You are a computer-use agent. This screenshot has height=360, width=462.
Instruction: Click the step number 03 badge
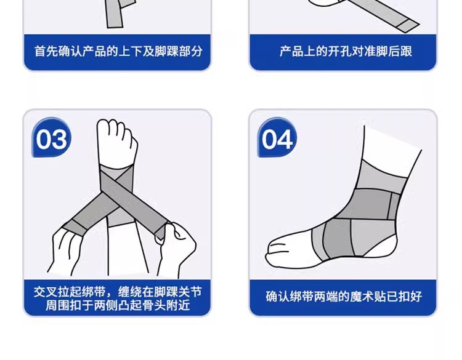point(52,140)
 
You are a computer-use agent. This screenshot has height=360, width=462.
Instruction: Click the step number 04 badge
point(277,140)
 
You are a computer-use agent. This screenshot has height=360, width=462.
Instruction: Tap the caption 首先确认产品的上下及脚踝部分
point(118,51)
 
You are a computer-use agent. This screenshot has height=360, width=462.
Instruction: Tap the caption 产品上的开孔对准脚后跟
point(346,51)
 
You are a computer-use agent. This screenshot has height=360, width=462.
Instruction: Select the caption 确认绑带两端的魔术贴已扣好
point(344,296)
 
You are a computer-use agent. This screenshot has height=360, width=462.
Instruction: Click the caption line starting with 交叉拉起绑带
point(118,290)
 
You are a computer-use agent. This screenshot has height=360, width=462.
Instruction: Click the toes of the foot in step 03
point(118,132)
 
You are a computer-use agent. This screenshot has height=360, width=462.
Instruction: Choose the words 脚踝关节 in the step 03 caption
point(179,290)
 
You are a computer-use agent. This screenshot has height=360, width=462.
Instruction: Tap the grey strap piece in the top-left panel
point(114,14)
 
